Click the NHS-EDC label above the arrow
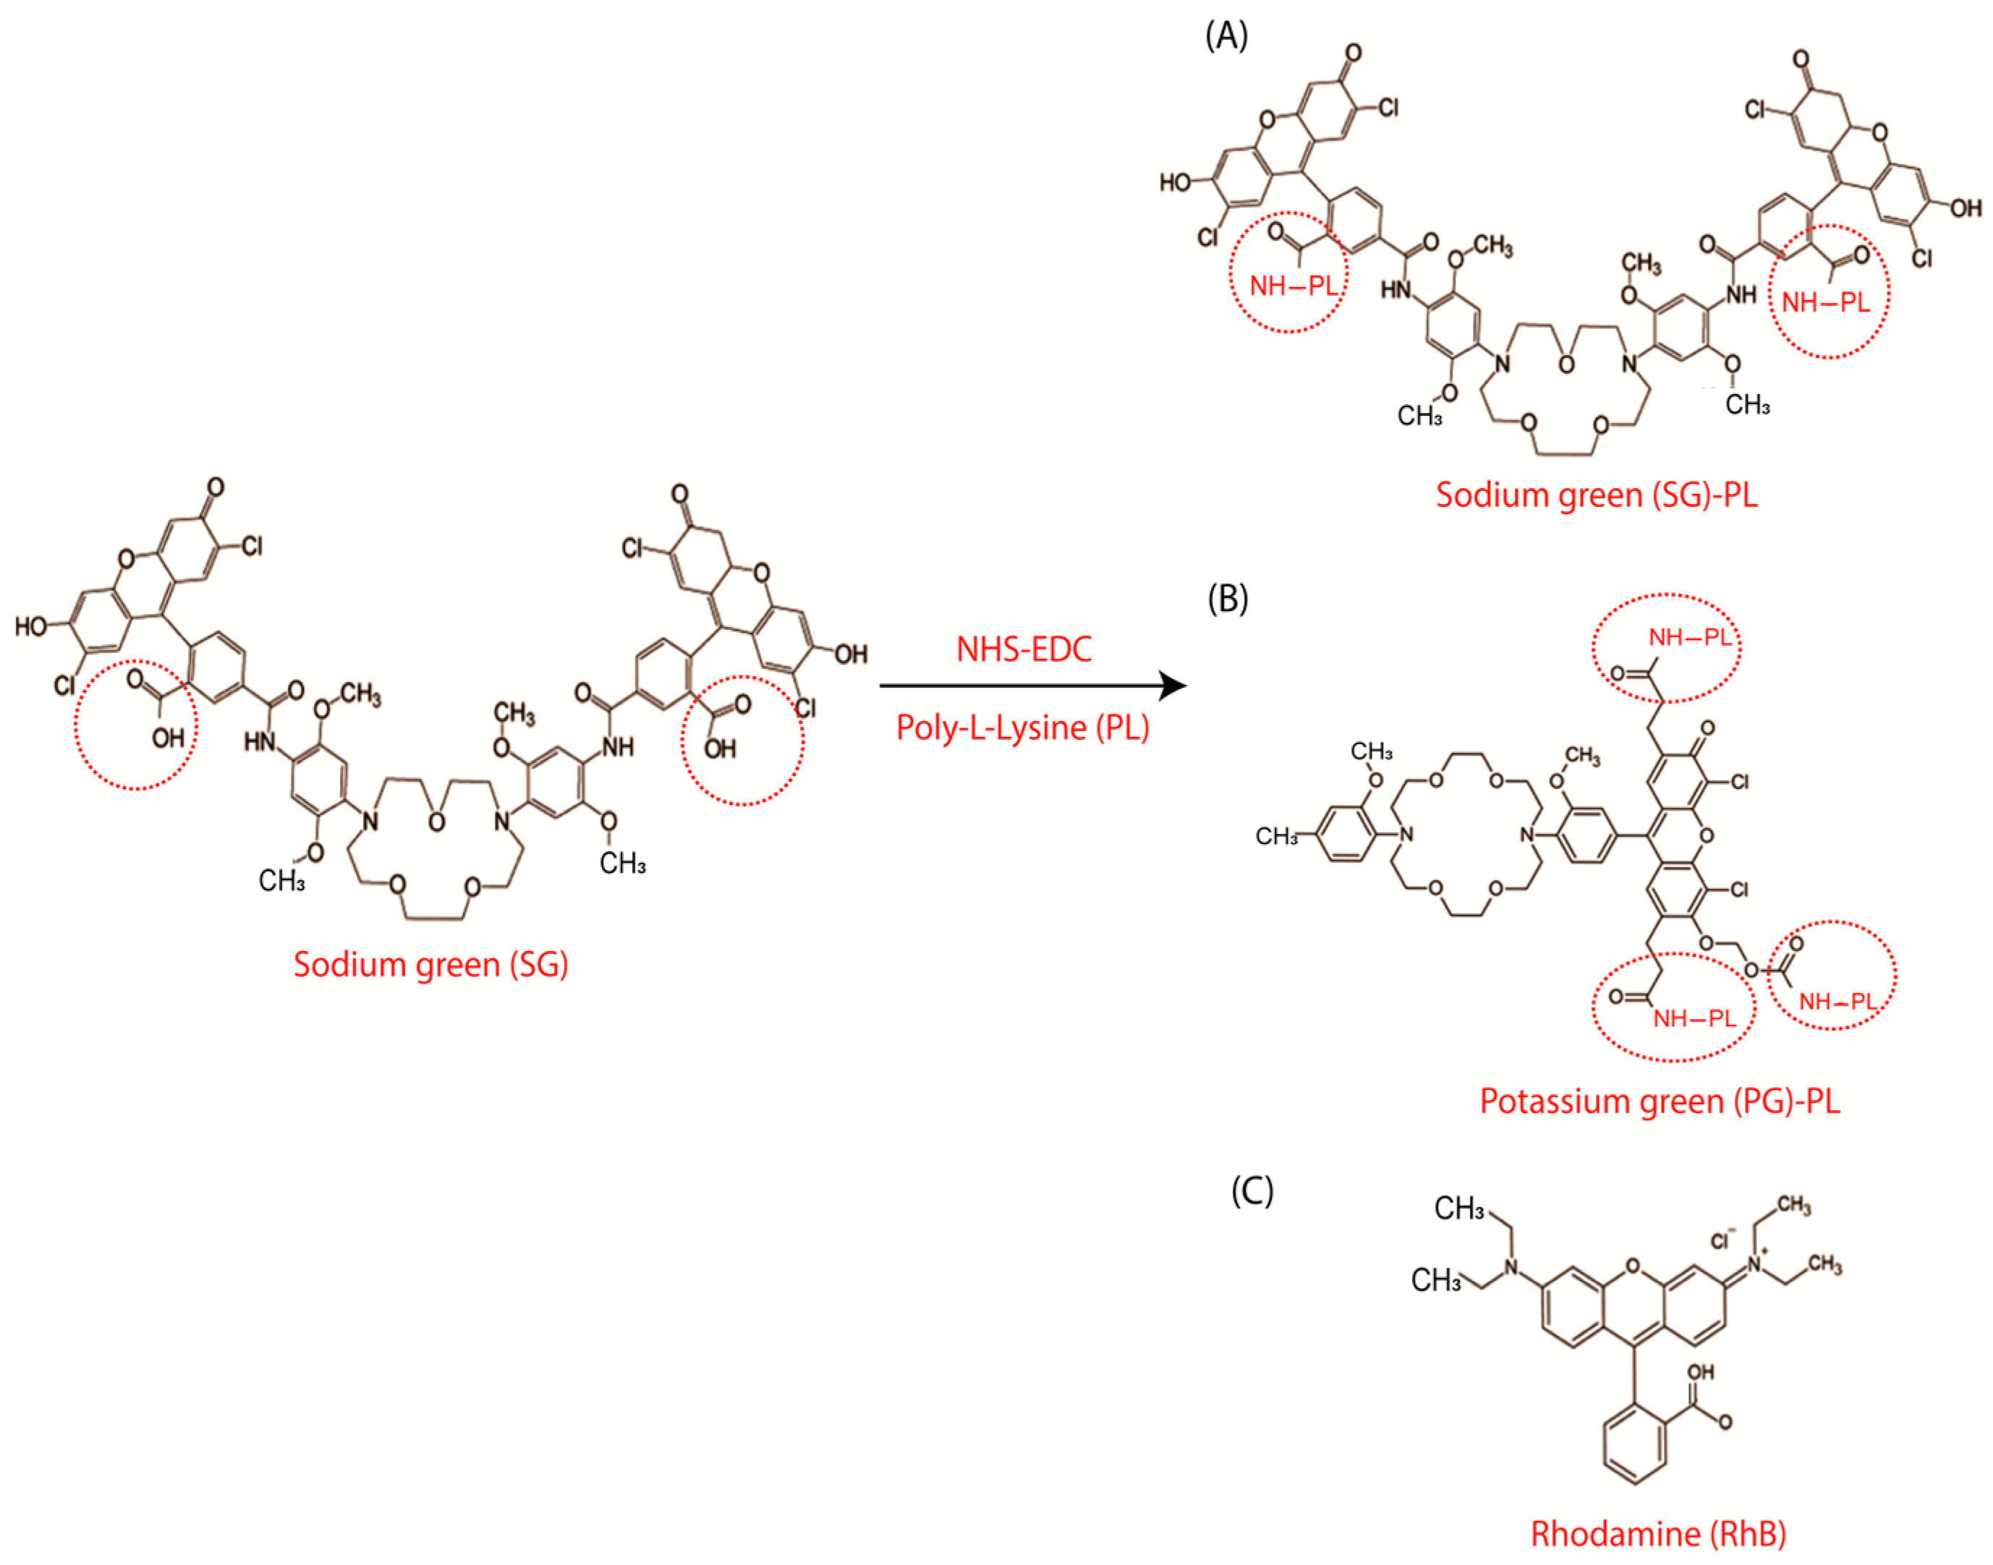tap(1024, 649)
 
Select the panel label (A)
tap(1226, 37)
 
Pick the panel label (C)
tap(1252, 1190)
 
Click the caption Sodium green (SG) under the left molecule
tap(430, 964)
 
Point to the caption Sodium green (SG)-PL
tap(1597, 495)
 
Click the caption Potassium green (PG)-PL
tap(1660, 1101)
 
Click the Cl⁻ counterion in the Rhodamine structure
tap(1722, 1240)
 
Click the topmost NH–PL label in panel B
tap(1690, 638)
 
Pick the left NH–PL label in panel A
tap(1293, 287)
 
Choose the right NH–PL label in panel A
tap(1825, 302)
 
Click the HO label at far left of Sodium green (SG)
tap(31, 627)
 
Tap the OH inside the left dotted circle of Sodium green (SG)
tap(169, 738)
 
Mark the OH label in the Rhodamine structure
tap(1700, 1372)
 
